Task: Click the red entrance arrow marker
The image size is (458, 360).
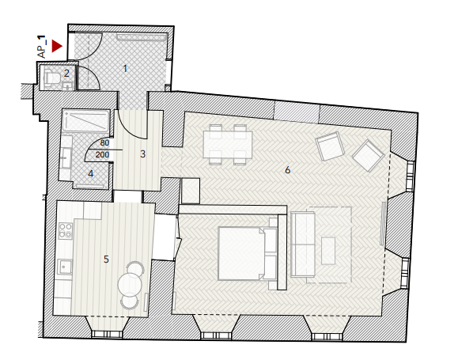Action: [x=57, y=46]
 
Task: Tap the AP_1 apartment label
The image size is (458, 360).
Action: [x=42, y=47]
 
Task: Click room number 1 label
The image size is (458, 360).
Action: [x=125, y=69]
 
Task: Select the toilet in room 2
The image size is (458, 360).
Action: [x=51, y=78]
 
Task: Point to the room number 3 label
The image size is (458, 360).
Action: [x=142, y=153]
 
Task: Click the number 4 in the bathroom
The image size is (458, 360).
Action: [x=90, y=174]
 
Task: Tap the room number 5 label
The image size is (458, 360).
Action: [x=106, y=259]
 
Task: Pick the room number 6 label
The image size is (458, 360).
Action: [x=287, y=170]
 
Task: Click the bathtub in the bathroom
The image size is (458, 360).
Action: [x=86, y=121]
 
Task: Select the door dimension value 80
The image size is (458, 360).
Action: [x=104, y=143]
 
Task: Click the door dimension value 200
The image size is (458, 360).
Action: [x=102, y=154]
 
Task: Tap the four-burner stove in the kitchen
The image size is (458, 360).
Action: [x=66, y=231]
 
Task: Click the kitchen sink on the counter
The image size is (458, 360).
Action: [x=65, y=267]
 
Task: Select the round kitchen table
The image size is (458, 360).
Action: [x=130, y=284]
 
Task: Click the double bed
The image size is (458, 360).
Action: [x=248, y=253]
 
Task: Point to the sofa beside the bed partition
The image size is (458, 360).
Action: [x=303, y=244]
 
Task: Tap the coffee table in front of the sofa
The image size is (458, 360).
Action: [x=328, y=251]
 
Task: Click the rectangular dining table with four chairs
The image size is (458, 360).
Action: [x=228, y=145]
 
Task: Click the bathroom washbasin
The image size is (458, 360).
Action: [x=66, y=157]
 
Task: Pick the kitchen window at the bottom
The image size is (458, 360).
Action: [x=106, y=334]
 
